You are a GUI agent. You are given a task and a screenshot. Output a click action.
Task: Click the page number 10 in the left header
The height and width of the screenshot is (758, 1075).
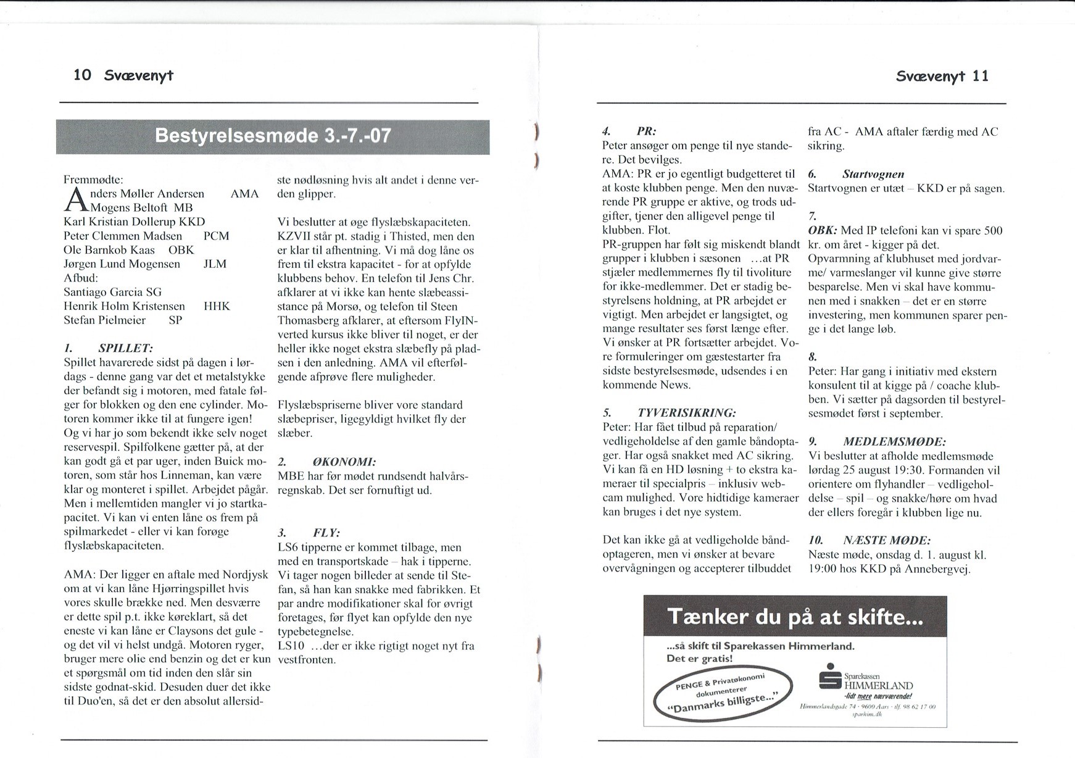tap(82, 75)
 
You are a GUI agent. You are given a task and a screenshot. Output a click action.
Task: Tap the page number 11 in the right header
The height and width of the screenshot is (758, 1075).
tap(981, 77)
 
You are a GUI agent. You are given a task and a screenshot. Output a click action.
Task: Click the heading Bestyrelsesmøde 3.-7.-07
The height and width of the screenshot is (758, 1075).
tap(273, 136)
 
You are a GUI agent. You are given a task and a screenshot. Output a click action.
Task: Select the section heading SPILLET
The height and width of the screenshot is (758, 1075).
tap(125, 349)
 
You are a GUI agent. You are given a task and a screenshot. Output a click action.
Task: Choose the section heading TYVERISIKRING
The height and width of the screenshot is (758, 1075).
tap(686, 413)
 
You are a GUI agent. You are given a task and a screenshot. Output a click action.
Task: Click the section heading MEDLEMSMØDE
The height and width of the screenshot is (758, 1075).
tap(894, 442)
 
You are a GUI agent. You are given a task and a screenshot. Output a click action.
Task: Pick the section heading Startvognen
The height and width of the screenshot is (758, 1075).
tap(873, 175)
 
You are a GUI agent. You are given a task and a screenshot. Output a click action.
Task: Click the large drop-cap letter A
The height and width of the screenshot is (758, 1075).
tap(75, 200)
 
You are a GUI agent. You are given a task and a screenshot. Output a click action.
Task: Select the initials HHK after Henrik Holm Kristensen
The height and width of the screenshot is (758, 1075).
tap(217, 306)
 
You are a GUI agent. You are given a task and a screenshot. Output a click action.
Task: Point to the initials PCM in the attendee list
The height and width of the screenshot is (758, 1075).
tap(216, 236)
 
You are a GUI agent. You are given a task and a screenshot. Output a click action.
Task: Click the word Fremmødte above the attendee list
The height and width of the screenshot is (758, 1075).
tap(93, 180)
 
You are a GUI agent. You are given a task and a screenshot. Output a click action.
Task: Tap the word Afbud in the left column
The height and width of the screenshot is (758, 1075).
tap(81, 278)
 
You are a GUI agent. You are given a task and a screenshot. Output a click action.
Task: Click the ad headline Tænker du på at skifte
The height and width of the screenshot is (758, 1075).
tap(795, 617)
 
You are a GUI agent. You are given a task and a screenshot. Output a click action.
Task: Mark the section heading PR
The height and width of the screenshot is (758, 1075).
tap(646, 131)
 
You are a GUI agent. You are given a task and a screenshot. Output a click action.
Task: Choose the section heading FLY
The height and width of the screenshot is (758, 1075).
tap(326, 533)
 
